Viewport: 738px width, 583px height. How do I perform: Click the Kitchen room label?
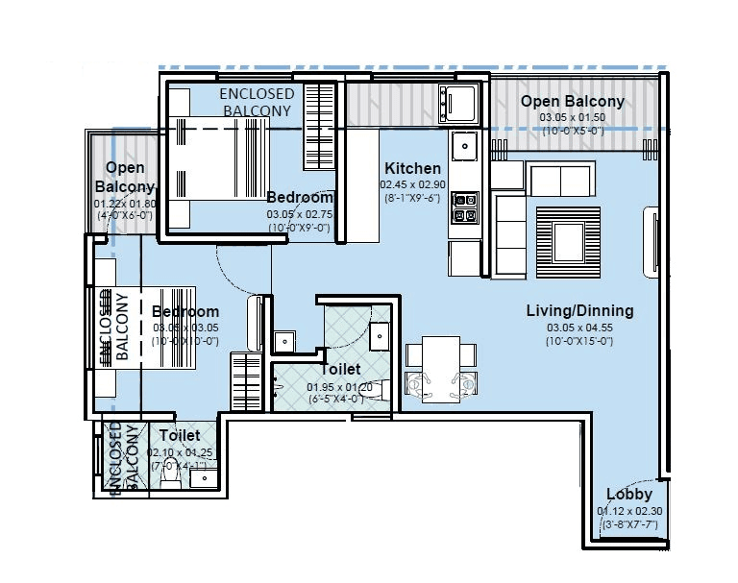click(x=412, y=168)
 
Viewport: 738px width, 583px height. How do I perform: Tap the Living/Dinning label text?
click(x=579, y=310)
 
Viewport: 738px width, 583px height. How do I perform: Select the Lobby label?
click(x=629, y=495)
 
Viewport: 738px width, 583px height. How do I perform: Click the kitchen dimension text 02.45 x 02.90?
click(x=412, y=184)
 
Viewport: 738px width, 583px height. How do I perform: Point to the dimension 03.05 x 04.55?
click(x=578, y=327)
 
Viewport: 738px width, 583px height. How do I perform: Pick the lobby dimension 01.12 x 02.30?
click(x=629, y=511)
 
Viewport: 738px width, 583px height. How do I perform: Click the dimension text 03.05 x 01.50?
click(x=573, y=117)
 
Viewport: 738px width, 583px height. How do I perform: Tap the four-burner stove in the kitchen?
click(x=465, y=207)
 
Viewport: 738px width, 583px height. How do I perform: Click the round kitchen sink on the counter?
click(x=465, y=146)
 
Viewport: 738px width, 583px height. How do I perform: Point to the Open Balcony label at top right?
click(x=573, y=101)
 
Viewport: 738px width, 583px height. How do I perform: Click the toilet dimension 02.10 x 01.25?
click(x=180, y=452)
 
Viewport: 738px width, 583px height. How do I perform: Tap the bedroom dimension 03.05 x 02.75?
click(x=299, y=214)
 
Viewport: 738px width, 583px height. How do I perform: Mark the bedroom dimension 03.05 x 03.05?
click(x=184, y=328)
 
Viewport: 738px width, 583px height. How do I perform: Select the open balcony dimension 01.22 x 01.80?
click(x=124, y=204)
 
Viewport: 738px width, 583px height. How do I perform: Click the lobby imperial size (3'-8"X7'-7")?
click(x=629, y=525)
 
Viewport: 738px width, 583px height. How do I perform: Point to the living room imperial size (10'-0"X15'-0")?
click(x=578, y=341)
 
